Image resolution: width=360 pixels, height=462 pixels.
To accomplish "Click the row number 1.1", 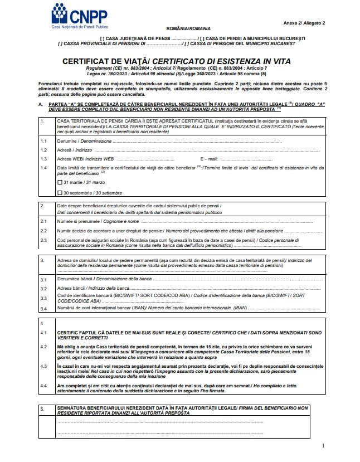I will point(44,142).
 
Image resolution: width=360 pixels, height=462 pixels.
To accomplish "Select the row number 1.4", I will point(44,167).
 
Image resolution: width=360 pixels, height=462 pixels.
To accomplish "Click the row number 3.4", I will point(44,307).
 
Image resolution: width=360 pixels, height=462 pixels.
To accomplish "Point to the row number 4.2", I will point(44,346).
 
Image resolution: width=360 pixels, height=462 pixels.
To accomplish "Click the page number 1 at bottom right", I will point(323,446).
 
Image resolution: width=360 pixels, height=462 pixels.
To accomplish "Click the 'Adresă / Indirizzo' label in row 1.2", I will point(75,150).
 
